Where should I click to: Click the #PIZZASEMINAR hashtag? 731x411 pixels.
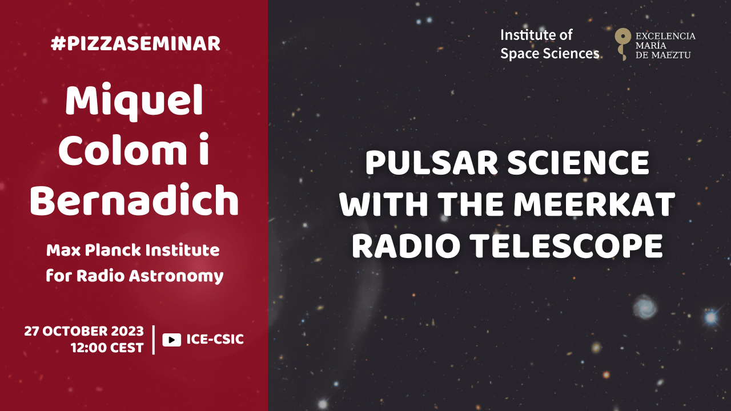(x=135, y=44)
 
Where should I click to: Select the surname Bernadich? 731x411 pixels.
(x=134, y=200)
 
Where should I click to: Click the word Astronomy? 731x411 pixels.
(x=176, y=277)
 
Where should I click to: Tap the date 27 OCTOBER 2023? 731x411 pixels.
(x=84, y=331)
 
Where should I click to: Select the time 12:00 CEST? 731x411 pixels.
(x=107, y=348)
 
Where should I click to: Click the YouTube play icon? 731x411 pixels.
(x=172, y=340)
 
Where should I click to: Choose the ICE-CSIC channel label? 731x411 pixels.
(x=215, y=339)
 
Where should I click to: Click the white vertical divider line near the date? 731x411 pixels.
(x=154, y=340)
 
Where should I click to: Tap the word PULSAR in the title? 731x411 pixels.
(x=431, y=163)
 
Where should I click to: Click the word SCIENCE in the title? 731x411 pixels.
(x=579, y=163)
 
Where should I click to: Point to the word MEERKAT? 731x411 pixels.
(x=595, y=204)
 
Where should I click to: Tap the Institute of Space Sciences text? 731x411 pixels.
(x=549, y=44)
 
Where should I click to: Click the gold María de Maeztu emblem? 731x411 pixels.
(x=622, y=44)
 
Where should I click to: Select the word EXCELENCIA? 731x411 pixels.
(x=665, y=36)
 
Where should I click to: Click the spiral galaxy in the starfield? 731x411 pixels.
(x=645, y=307)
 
